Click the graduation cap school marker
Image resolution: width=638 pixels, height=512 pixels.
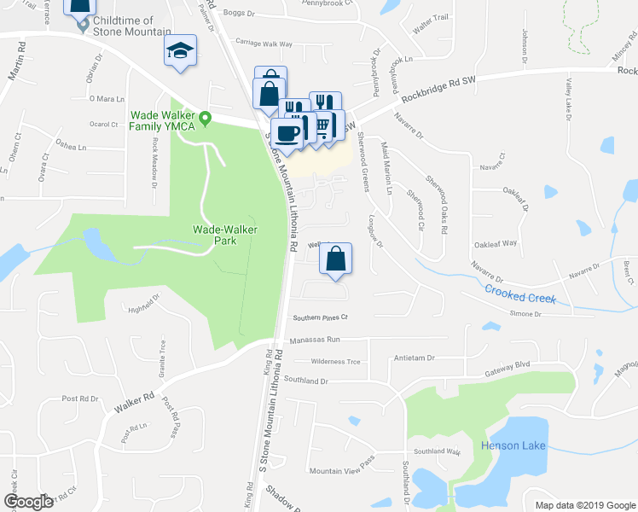click(181, 49)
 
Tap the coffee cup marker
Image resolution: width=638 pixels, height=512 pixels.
click(287, 133)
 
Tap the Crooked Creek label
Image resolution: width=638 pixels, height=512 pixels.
click(520, 294)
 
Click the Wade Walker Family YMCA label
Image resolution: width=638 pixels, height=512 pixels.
click(162, 120)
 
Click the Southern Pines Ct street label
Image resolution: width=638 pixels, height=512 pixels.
click(322, 317)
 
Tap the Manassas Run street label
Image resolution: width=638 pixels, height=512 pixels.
click(315, 340)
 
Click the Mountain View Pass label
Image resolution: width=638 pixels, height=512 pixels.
click(342, 471)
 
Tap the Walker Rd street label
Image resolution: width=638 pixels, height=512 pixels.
click(136, 403)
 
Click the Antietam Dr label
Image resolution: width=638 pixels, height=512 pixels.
click(414, 359)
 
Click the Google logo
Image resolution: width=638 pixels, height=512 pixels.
click(27, 502)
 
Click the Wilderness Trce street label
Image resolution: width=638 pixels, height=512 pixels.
click(335, 362)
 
